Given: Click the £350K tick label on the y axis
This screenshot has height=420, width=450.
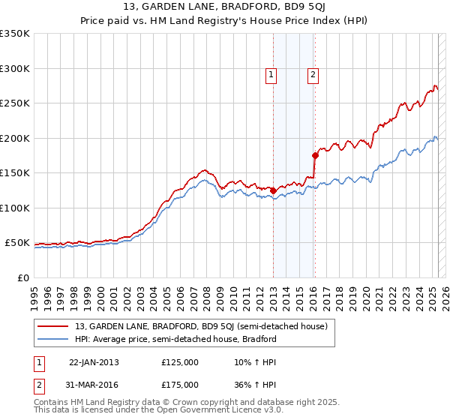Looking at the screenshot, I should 15,34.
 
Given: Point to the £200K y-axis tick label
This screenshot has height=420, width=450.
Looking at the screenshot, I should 15,138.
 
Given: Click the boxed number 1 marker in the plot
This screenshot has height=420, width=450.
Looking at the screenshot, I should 270,74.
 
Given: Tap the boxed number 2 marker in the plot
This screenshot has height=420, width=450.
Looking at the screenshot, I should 312,74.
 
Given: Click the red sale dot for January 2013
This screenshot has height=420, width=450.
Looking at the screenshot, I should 273,190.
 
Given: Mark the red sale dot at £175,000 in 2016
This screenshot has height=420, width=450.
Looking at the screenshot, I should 315,155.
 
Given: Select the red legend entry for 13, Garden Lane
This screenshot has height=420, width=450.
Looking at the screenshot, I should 200,326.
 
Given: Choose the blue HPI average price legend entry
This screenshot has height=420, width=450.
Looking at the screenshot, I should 175,339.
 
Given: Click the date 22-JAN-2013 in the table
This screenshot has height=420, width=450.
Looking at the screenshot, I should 93,362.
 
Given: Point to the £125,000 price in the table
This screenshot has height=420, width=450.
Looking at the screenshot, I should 180,362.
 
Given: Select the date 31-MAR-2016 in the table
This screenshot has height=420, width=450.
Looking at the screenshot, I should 94,384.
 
